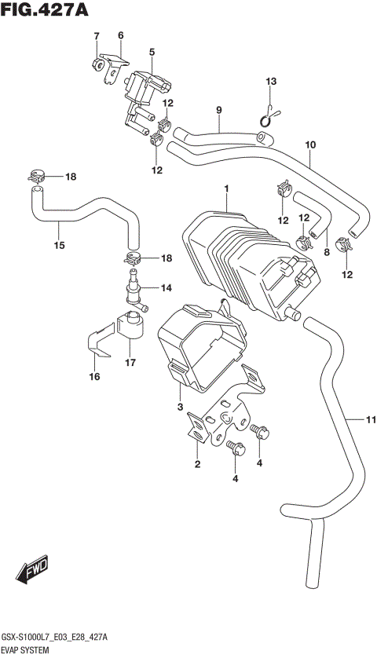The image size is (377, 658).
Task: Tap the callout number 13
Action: click(x=270, y=82)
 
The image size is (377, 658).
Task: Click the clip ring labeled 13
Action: click(x=269, y=117)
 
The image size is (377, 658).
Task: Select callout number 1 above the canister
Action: click(x=226, y=189)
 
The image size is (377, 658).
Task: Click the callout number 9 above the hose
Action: click(x=220, y=109)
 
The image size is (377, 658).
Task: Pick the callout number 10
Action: click(x=310, y=144)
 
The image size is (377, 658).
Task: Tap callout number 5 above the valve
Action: click(x=152, y=52)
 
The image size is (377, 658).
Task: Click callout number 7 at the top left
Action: click(x=97, y=36)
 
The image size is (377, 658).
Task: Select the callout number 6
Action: click(x=121, y=35)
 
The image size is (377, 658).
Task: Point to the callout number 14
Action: click(x=166, y=289)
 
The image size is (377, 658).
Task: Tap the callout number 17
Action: click(x=130, y=363)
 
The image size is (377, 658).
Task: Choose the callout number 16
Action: click(x=94, y=378)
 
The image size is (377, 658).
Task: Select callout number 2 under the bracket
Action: click(x=197, y=465)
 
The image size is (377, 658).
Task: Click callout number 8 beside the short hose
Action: click(x=327, y=252)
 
